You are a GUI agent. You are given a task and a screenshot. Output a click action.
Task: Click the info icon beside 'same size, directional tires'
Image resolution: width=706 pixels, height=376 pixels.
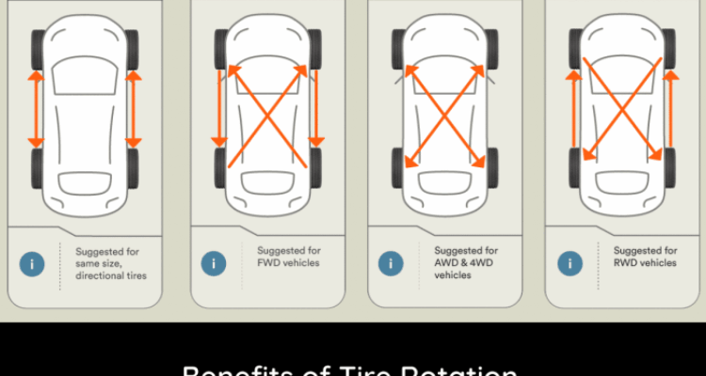pyautogui.click(x=32, y=264)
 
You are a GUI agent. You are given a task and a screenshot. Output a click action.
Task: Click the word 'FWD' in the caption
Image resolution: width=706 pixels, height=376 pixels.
pyautogui.click(x=268, y=263)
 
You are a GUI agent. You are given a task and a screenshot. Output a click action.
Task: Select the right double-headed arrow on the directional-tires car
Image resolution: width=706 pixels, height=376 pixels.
pyautogui.click(x=133, y=107)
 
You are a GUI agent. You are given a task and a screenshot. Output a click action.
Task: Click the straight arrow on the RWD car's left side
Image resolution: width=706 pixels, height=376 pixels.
pyautogui.click(x=570, y=113)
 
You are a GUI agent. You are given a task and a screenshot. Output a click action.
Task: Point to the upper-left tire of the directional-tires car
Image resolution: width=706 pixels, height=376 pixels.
pyautogui.click(x=37, y=47)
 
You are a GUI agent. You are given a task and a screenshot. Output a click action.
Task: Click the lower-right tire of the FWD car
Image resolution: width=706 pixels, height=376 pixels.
pyautogui.click(x=314, y=166)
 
